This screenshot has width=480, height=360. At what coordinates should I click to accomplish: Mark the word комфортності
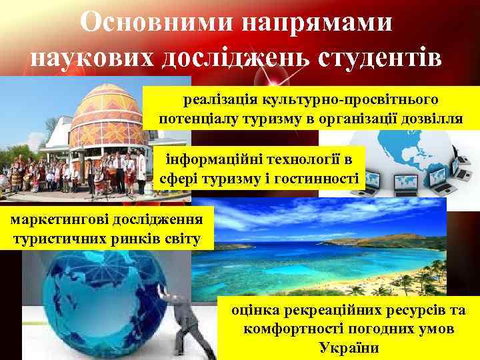tap(293, 329)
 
